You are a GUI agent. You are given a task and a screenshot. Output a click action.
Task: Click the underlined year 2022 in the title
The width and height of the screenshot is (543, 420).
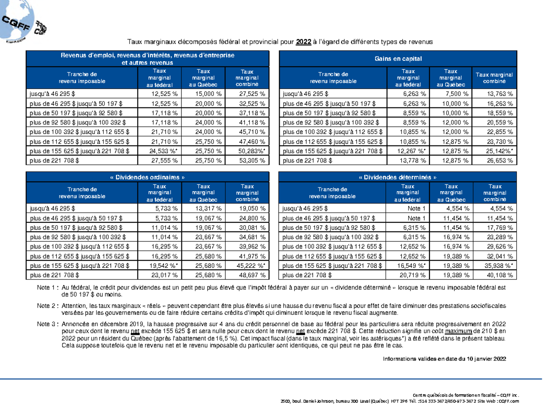click(x=303, y=42)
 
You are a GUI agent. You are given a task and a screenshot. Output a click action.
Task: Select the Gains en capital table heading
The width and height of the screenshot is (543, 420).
click(x=398, y=58)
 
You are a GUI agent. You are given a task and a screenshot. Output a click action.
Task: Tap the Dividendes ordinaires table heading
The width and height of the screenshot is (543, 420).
click(x=148, y=177)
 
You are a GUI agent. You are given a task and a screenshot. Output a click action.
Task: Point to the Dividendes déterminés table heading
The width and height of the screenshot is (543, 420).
click(x=398, y=177)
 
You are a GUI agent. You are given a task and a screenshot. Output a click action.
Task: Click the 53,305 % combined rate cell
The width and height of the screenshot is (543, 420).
click(x=252, y=160)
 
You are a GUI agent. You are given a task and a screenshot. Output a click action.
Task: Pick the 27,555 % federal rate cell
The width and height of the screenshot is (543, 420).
click(x=164, y=160)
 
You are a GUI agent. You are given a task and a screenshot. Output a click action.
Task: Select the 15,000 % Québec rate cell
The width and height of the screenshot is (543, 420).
click(x=208, y=94)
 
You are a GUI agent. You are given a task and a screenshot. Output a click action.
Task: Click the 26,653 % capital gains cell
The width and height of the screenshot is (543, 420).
click(x=500, y=160)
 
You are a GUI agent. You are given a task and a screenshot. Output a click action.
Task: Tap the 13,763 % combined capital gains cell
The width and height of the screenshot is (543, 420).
click(x=500, y=94)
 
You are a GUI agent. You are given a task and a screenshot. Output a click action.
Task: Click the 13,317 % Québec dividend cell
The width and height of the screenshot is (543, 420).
click(x=208, y=208)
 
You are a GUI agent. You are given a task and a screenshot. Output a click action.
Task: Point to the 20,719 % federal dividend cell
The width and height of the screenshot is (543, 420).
click(x=412, y=275)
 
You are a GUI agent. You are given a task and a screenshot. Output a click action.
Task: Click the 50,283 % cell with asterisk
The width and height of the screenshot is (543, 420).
click(x=252, y=151)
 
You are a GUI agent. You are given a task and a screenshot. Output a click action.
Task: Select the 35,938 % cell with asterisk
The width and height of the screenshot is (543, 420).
click(x=499, y=266)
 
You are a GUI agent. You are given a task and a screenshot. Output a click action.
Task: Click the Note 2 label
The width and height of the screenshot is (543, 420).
click(x=48, y=306)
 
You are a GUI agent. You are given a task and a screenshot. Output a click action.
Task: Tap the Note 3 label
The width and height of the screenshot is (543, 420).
click(x=48, y=324)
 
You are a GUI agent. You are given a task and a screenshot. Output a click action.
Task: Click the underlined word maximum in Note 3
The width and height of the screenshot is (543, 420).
click(x=458, y=331)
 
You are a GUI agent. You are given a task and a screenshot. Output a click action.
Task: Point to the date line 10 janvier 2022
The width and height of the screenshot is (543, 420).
click(x=444, y=359)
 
